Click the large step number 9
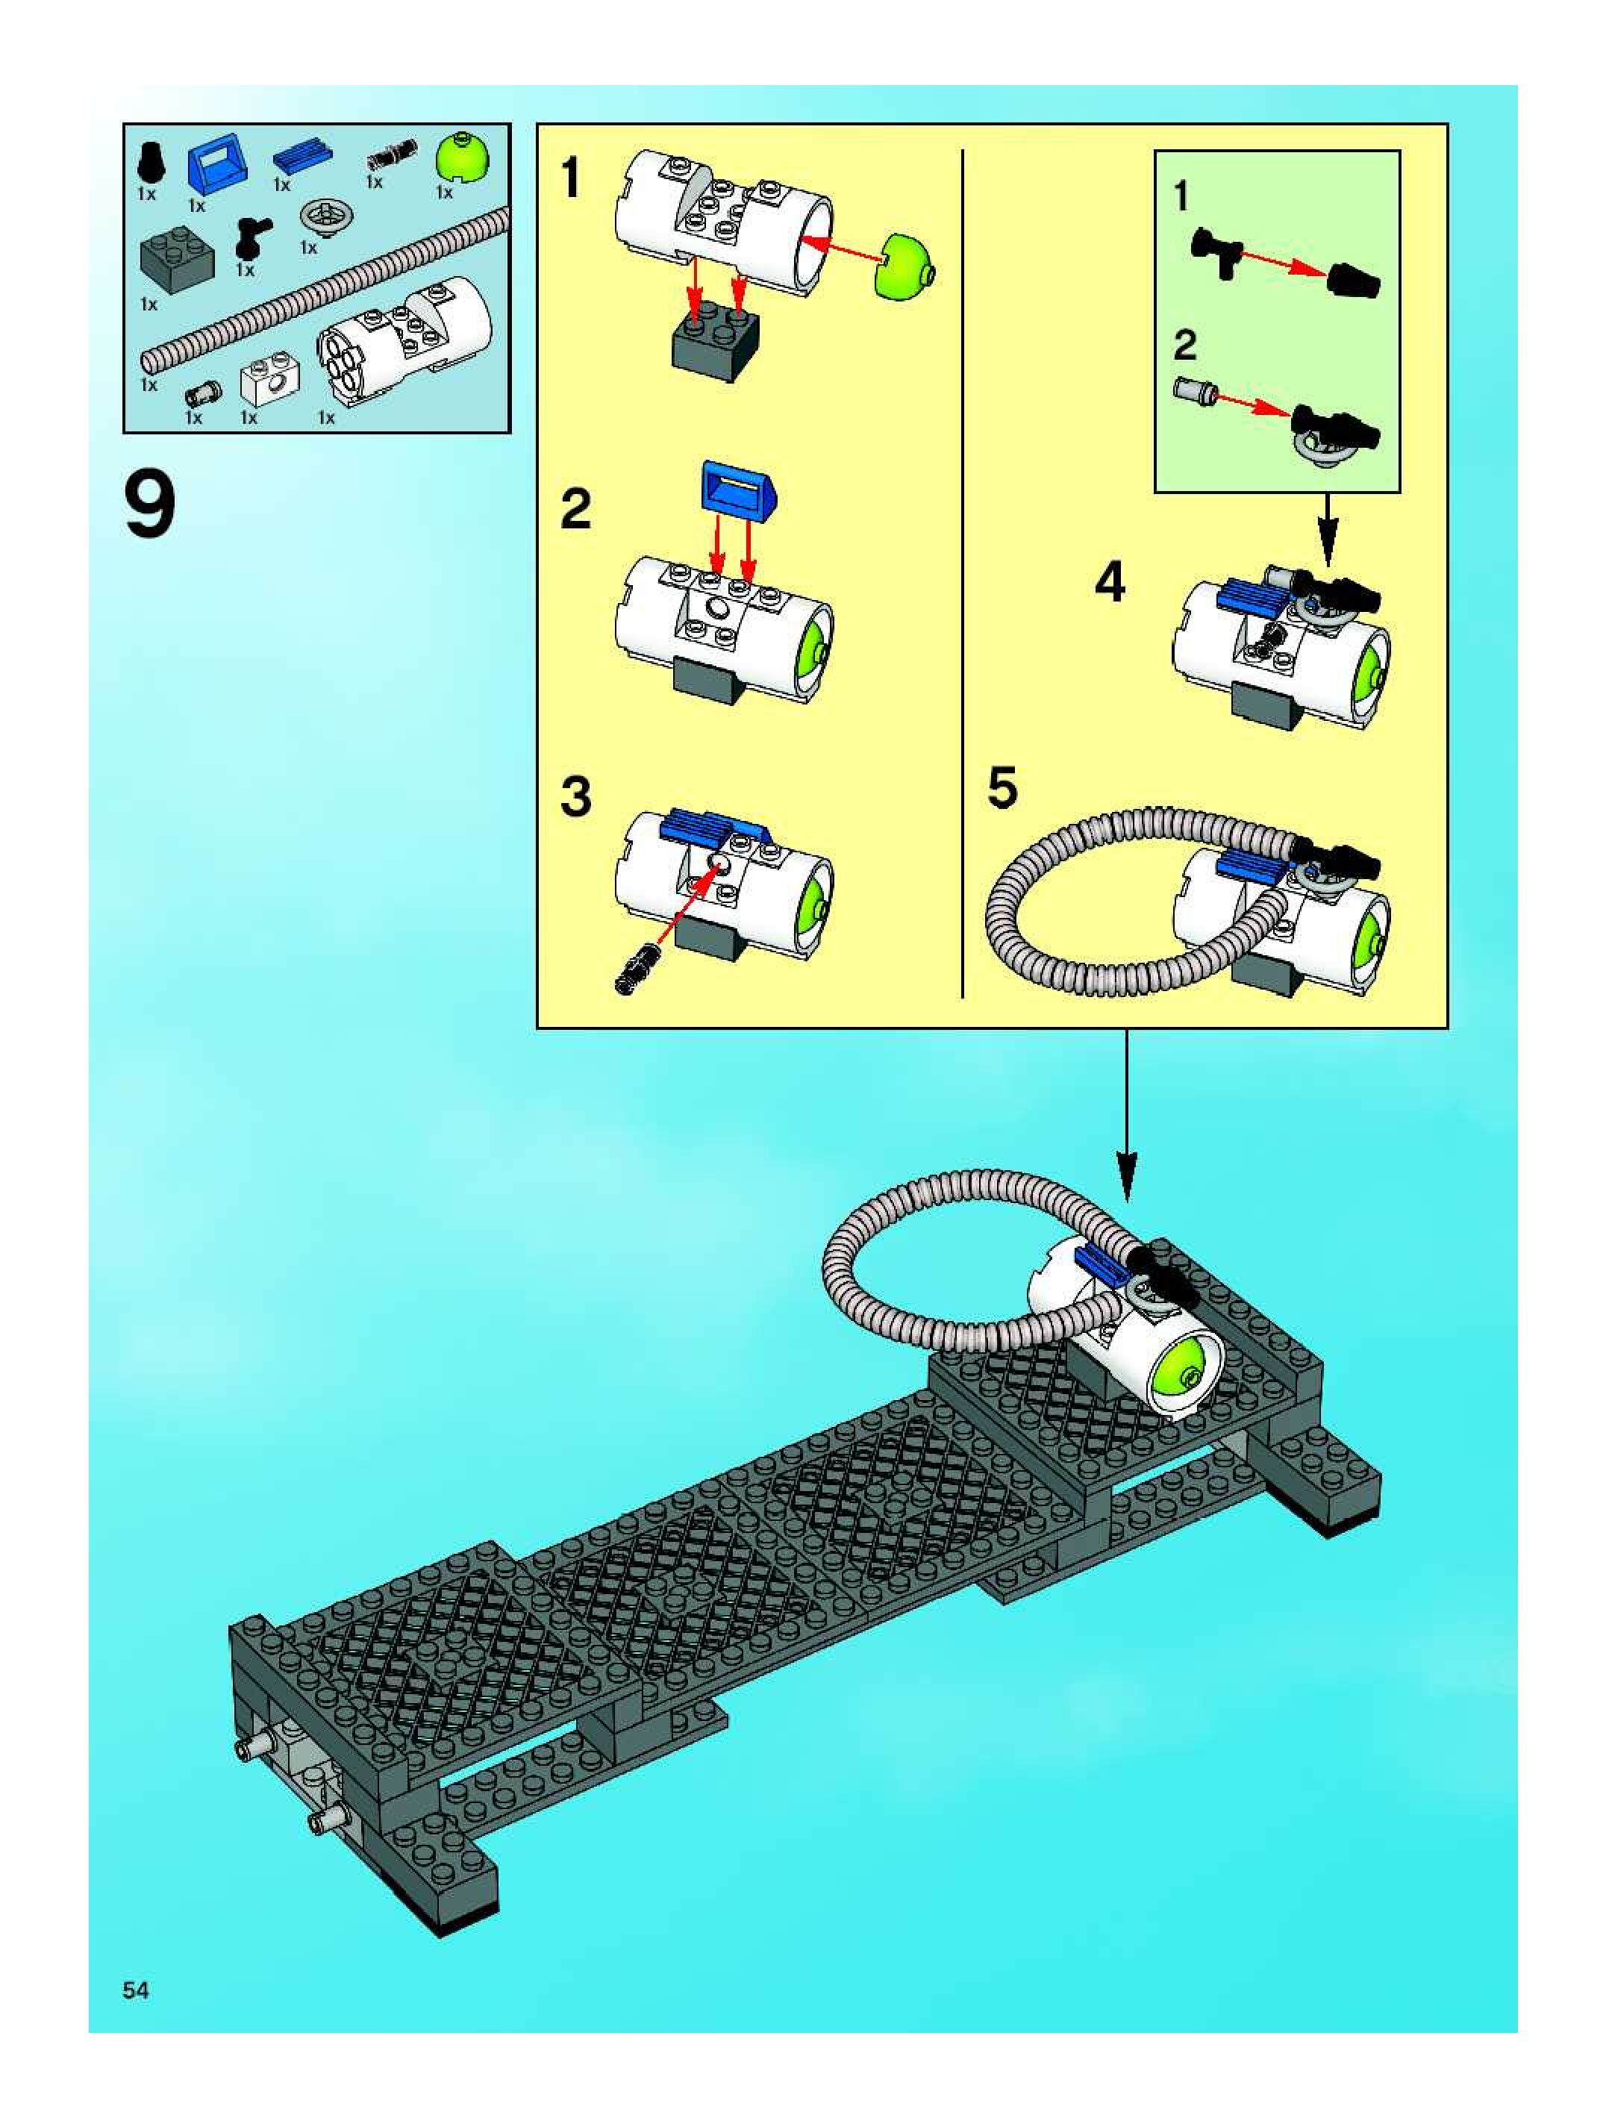click(151, 507)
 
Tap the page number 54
click(135, 1990)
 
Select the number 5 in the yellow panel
click(1002, 788)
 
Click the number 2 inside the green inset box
click(1185, 346)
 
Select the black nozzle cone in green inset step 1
click(1353, 280)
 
